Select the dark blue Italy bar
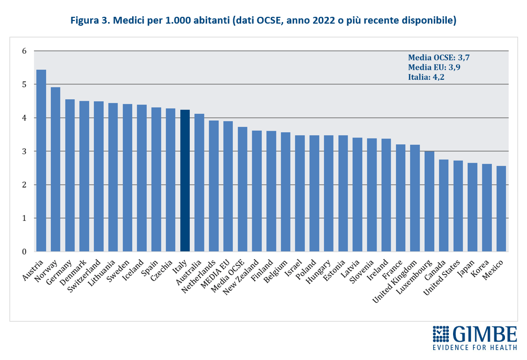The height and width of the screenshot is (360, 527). click(x=185, y=181)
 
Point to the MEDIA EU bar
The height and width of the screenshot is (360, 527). click(x=228, y=186)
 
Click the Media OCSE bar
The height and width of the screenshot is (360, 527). click(x=242, y=189)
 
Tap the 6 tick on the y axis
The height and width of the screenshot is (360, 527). click(x=24, y=51)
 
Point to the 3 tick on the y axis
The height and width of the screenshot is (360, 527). click(x=24, y=152)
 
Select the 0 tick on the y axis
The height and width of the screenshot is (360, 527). click(x=24, y=252)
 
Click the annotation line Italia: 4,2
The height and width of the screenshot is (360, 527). click(x=427, y=77)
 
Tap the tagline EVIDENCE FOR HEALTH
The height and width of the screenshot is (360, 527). click(x=475, y=348)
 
